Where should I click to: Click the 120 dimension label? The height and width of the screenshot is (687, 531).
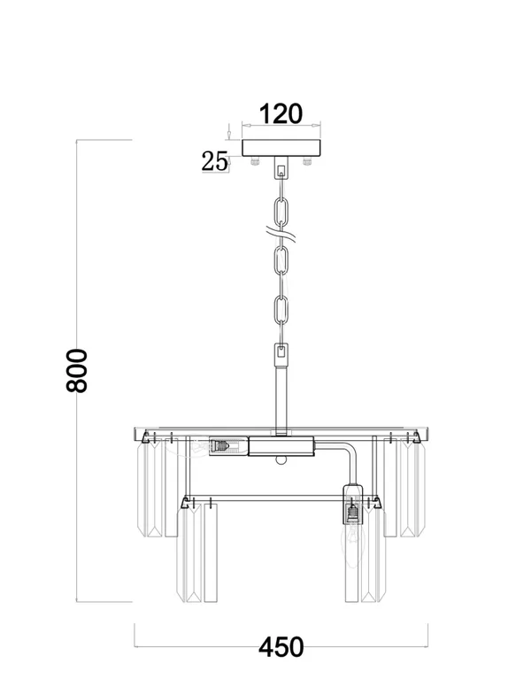pos(281,114)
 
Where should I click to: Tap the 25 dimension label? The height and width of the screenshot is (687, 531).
pos(215,161)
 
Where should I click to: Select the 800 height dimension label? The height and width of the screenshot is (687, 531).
pos(77,370)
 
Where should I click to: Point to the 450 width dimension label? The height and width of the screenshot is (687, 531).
pos(281,646)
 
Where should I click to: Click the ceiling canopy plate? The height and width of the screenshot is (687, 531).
pos(281,148)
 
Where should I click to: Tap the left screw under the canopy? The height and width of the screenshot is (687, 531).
pos(255,161)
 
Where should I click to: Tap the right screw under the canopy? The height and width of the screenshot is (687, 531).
pos(307,161)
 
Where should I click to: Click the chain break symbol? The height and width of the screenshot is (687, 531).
pos(281,234)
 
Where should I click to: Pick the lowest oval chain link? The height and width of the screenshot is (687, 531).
pos(281,310)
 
